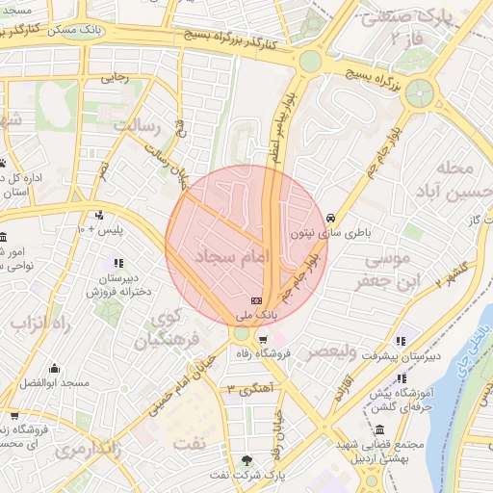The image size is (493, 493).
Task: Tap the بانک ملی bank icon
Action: tap(255, 300)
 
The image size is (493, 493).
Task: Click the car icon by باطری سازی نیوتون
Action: tap(331, 218)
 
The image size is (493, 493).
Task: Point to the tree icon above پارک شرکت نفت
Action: tap(248, 460)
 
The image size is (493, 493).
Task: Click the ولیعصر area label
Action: tap(329, 351)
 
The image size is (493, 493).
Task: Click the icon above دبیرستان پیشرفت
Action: tap(402, 340)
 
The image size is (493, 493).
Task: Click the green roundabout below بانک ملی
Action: tap(240, 333)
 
